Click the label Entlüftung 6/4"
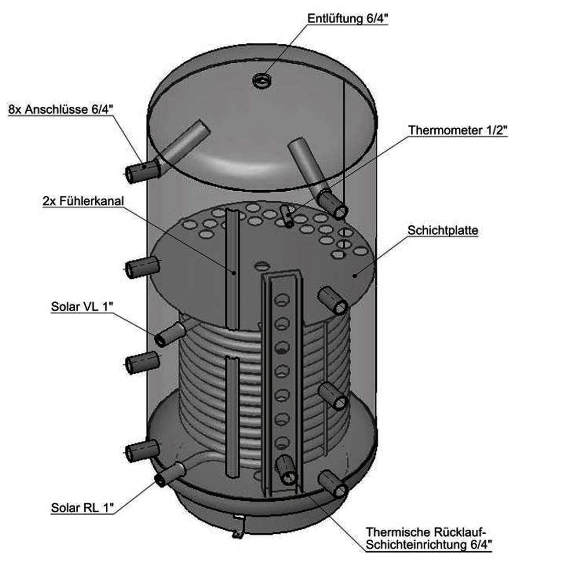click(347, 18)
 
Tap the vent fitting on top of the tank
click(262, 80)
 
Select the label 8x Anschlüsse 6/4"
click(60, 109)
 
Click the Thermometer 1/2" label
click(458, 130)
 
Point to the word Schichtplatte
click(443, 230)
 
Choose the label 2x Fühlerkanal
click(83, 201)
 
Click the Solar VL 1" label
click(82, 307)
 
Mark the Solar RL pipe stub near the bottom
click(169, 475)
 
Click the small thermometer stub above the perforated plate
click(287, 216)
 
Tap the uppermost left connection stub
click(142, 171)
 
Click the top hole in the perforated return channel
click(282, 300)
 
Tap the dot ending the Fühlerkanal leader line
click(234, 272)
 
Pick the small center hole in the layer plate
click(262, 265)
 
